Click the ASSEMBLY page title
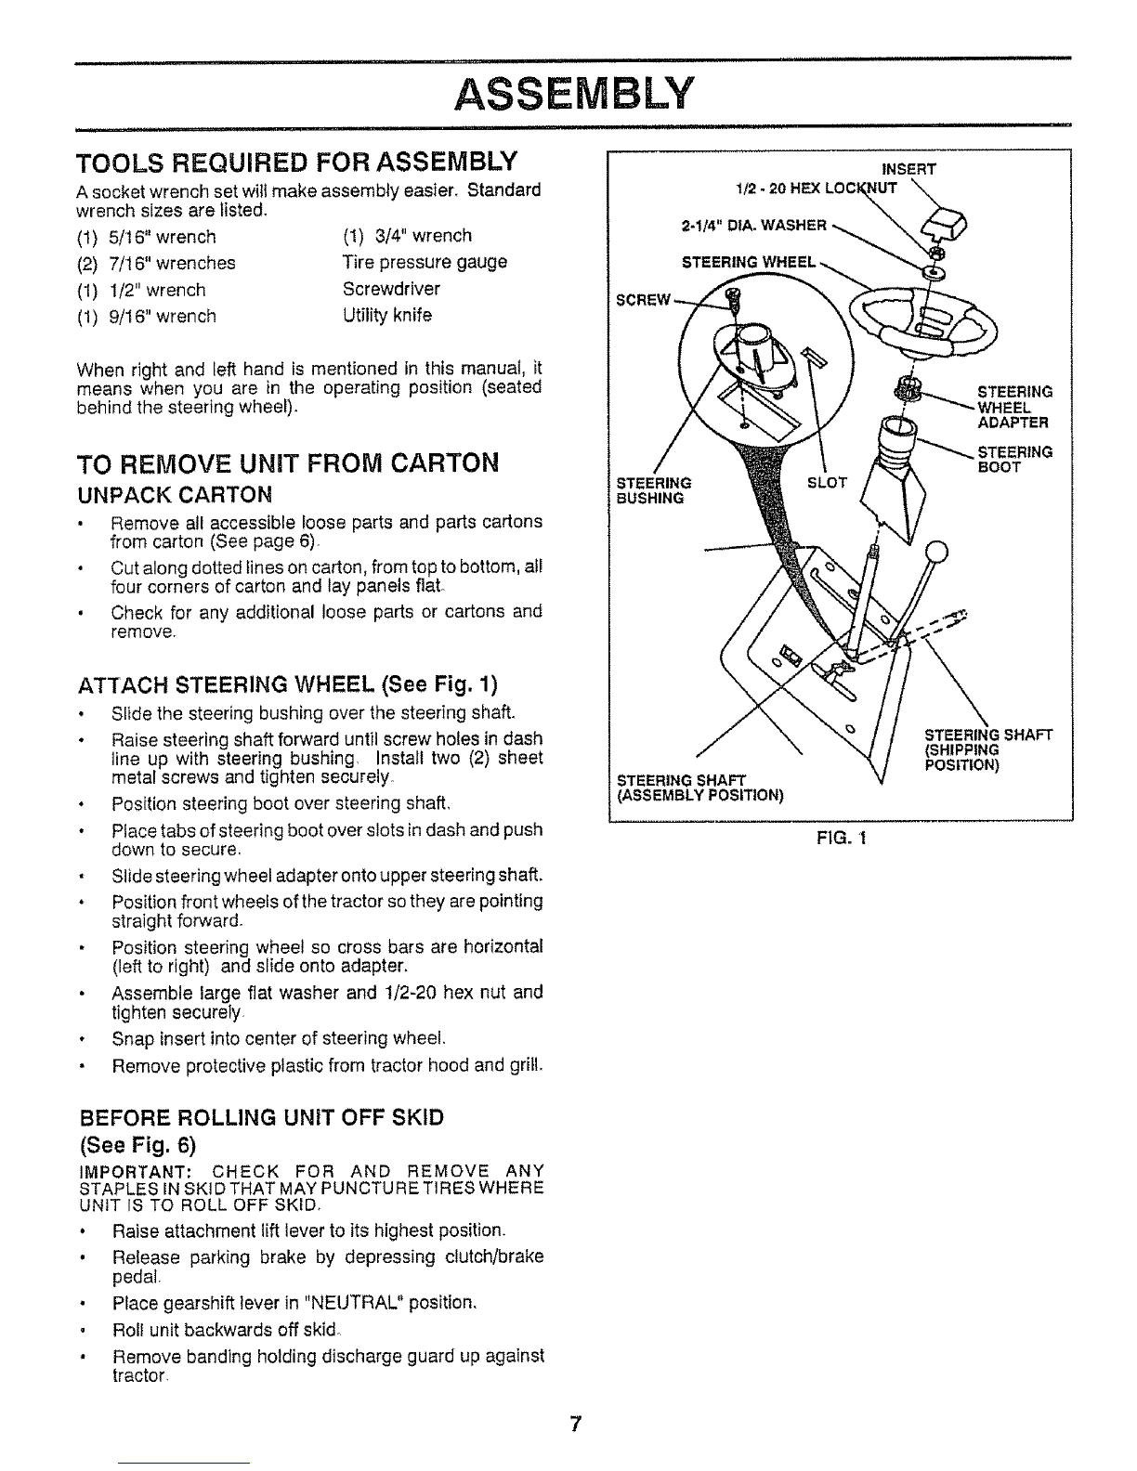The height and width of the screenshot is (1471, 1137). click(x=573, y=94)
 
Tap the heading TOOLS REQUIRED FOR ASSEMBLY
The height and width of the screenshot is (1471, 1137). click(x=296, y=163)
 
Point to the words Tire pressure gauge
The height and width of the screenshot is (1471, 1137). click(x=425, y=262)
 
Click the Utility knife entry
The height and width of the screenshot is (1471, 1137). click(x=387, y=316)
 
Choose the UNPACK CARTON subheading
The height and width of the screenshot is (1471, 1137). click(x=175, y=496)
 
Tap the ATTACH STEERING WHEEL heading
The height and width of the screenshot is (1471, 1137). click(x=288, y=684)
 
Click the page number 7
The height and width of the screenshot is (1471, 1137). click(x=575, y=1424)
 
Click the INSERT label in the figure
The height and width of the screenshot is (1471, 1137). click(x=908, y=169)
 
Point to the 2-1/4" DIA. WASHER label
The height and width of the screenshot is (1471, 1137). click(x=753, y=226)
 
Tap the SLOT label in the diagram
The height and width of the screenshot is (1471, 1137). click(x=827, y=483)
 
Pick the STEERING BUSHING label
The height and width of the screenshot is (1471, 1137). click(x=653, y=490)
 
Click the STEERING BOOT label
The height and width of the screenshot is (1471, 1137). click(x=1014, y=460)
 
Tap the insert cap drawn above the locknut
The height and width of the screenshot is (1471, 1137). click(x=945, y=224)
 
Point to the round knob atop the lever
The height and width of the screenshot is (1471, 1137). click(x=935, y=552)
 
